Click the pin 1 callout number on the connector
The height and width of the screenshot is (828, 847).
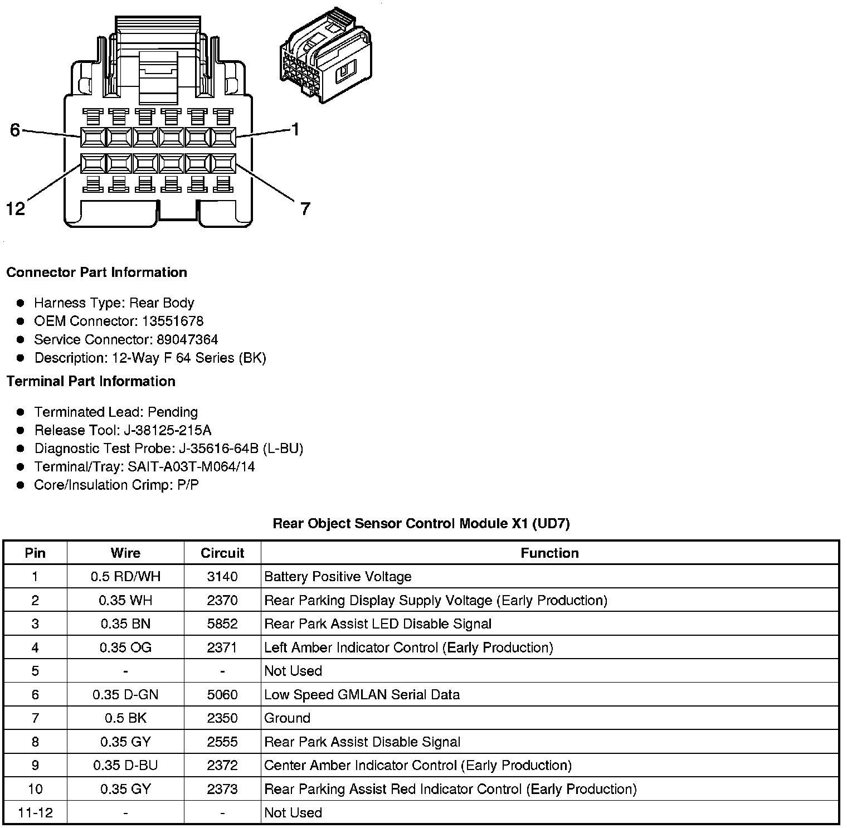coord(295,129)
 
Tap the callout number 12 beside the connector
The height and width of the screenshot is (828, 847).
coord(16,209)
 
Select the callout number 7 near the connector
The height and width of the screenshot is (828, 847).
coord(305,209)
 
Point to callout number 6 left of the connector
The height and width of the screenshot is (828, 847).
coord(15,130)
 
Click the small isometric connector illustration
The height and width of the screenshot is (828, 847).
coord(326,56)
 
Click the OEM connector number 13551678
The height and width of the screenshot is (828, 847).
coord(172,321)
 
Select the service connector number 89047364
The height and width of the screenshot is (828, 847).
coord(187,339)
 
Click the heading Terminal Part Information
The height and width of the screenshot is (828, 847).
coord(91,381)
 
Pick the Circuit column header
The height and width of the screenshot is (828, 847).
coord(222,553)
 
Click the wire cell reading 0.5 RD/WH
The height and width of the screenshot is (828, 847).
coord(125,577)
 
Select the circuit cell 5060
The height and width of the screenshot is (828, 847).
coord(222,695)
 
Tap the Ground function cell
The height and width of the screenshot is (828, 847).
coord(287,718)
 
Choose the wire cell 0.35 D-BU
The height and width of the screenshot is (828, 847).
coord(125,766)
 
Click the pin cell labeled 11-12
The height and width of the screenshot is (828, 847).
coord(35,813)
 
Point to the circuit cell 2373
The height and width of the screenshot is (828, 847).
coord(222,789)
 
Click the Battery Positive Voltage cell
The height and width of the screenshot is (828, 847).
coord(338,577)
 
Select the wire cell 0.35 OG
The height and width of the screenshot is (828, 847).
coord(125,647)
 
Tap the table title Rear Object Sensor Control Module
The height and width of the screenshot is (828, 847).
coord(421,523)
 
